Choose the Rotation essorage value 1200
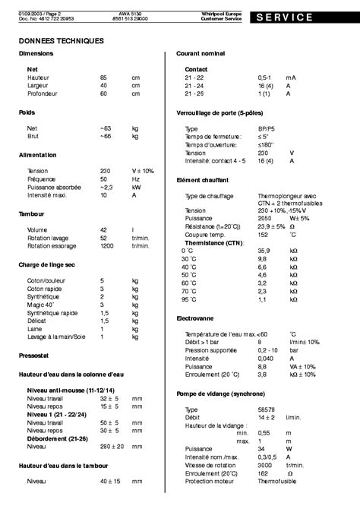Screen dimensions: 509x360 click(x=107, y=247)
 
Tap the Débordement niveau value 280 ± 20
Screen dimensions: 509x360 click(x=112, y=446)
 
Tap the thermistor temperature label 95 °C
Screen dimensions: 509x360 click(x=188, y=299)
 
